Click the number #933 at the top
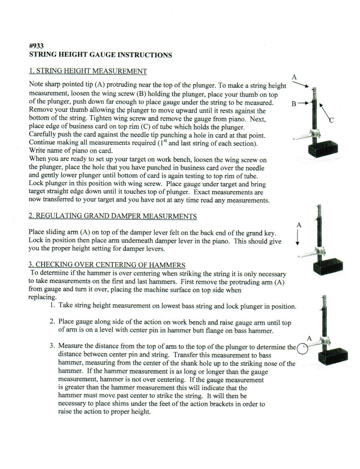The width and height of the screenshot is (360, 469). [x=37, y=47]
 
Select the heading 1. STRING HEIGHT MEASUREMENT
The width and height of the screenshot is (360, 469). [x=88, y=71]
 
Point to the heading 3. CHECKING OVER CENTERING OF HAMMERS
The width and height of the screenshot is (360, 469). [x=107, y=265]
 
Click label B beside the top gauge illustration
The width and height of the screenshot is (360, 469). [x=294, y=103]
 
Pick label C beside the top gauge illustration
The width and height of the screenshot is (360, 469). [x=331, y=121]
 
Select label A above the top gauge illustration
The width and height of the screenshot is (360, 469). [x=294, y=77]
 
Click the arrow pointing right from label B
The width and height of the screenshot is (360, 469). [x=303, y=103]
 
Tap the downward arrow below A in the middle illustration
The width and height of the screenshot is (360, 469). [x=298, y=237]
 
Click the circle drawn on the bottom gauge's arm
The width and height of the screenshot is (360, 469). [x=302, y=348]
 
